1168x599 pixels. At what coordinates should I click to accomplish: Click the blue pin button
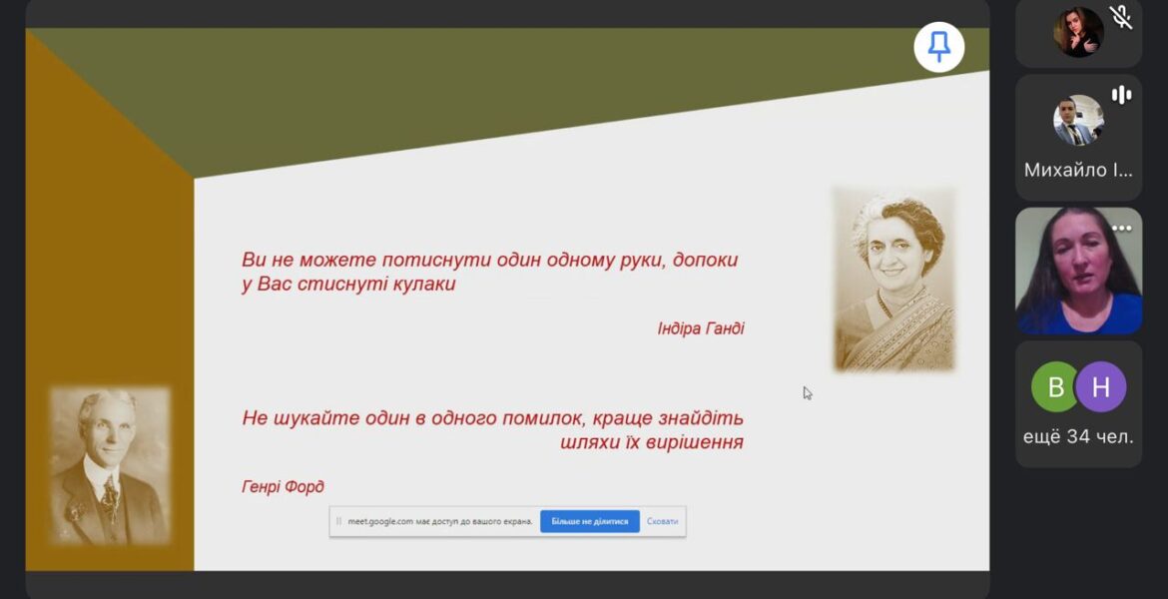tap(938, 47)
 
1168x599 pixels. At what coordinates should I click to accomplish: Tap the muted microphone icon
tap(1120, 16)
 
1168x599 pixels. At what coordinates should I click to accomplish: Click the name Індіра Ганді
tap(700, 328)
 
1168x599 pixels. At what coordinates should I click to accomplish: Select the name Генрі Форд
tap(284, 487)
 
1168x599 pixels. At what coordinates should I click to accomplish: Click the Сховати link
tap(662, 521)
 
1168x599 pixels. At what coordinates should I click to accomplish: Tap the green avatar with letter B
tap(1055, 386)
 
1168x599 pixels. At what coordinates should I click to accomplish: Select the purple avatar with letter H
tap(1101, 386)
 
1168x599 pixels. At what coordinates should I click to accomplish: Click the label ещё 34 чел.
tap(1078, 436)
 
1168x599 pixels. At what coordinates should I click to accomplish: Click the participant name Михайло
tap(1078, 170)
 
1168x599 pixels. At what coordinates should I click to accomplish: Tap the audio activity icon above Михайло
tap(1121, 95)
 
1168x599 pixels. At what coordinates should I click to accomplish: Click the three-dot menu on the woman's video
tap(1122, 229)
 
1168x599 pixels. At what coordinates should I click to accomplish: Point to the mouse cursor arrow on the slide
tap(808, 393)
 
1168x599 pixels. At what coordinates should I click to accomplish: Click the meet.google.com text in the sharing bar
tap(380, 521)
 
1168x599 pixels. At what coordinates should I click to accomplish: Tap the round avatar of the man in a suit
tap(1078, 120)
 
